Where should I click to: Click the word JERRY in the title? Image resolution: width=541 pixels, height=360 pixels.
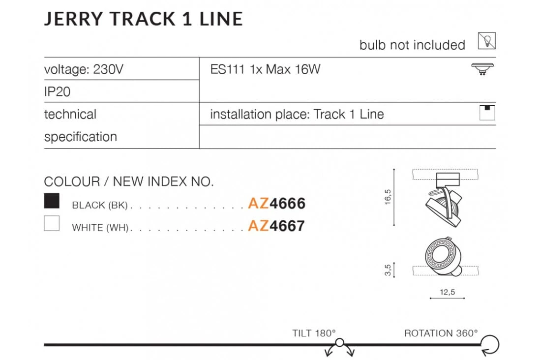pos(73,19)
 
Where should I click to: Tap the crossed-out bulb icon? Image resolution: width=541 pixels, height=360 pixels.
pos(487,41)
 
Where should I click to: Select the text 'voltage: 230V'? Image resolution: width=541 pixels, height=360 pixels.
pos(84,69)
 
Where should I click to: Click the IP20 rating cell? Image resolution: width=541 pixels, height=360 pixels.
pos(57,92)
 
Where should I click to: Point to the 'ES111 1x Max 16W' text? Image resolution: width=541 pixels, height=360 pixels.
pos(265,69)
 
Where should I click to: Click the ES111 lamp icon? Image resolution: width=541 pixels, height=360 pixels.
pos(482,69)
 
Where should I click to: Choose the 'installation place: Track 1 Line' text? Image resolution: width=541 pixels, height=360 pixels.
pos(297,114)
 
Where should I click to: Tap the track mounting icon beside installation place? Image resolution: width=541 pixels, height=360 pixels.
pos(487,113)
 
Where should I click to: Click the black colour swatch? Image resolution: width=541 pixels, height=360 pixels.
pos(52,201)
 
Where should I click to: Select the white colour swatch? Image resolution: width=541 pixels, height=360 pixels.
pos(52,223)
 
